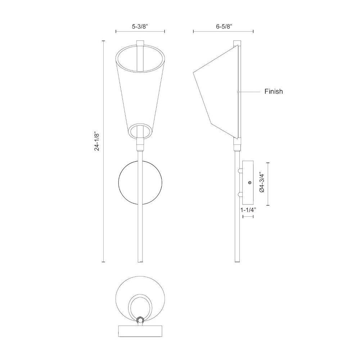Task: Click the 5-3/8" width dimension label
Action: (140, 26)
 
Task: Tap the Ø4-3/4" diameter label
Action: (262, 182)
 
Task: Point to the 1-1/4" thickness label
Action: (248, 210)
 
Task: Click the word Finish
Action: (274, 91)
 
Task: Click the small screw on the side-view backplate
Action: (250, 183)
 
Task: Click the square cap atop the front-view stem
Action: (140, 44)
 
